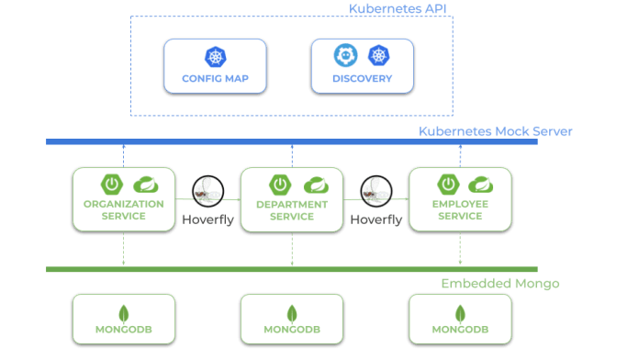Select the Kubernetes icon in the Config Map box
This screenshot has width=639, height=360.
coord(215,57)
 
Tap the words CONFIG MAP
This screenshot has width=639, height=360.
coord(215,78)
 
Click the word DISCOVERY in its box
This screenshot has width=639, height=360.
coord(363,78)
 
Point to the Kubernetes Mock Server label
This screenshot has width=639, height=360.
coord(496,131)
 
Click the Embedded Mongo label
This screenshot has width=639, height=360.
coord(499,284)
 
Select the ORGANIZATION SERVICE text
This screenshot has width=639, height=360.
coord(124,210)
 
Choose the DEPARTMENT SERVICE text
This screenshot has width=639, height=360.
coord(292,210)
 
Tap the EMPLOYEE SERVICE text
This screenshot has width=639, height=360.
coord(460,210)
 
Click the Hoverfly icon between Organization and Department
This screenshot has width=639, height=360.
coord(207,190)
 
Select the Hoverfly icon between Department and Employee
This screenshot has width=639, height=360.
coord(376,190)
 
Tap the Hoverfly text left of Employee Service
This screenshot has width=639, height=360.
coord(376,220)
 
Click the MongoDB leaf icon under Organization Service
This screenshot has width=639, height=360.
coord(124,311)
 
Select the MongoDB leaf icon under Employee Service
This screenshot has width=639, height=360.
coord(460,311)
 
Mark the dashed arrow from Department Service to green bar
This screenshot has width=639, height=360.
coord(292,250)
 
